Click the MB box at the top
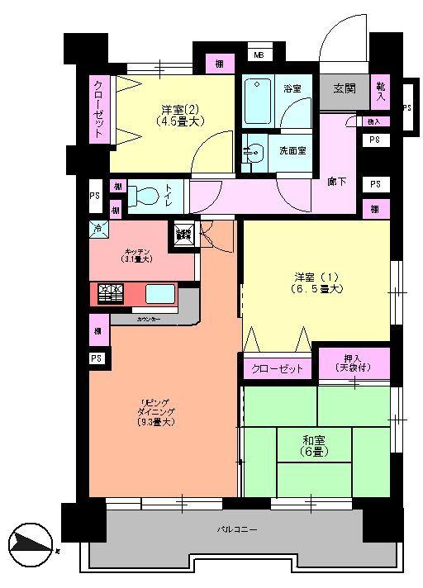point(258,56)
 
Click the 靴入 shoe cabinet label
point(381,91)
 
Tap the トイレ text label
point(168,197)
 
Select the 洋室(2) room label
point(178,115)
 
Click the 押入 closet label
point(354,362)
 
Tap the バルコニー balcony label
point(235,529)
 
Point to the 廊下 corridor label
point(335,180)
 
